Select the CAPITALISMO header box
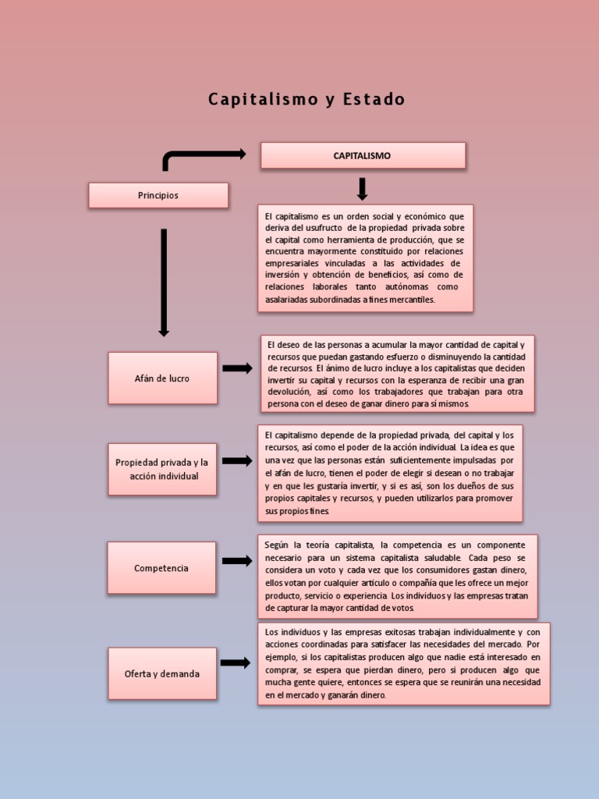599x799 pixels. (363, 155)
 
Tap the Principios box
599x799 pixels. (158, 195)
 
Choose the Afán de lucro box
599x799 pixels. (162, 378)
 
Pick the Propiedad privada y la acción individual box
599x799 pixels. (162, 469)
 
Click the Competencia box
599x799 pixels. (161, 568)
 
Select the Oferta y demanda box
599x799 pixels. (162, 673)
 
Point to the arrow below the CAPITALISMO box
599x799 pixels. (362, 189)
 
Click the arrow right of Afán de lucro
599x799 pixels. (237, 368)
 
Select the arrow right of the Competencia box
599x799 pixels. (237, 560)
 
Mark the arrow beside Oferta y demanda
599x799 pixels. (236, 663)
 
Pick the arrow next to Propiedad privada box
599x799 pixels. (237, 460)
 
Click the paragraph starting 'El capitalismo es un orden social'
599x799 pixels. (365, 257)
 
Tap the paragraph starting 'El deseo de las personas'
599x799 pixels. (398, 374)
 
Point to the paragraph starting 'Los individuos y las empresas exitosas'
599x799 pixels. (403, 663)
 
